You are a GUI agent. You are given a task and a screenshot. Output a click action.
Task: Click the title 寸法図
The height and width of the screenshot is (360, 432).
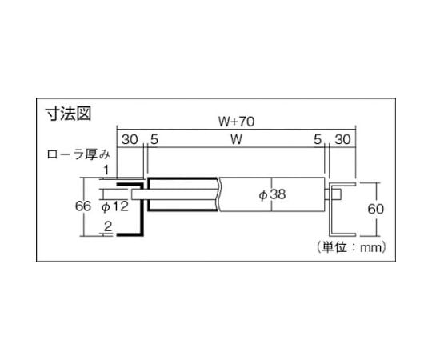(x=68, y=114)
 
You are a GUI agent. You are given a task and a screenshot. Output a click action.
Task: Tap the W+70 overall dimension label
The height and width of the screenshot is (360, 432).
(x=236, y=122)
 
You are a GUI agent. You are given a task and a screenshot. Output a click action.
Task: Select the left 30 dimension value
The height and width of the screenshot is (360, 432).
(x=130, y=139)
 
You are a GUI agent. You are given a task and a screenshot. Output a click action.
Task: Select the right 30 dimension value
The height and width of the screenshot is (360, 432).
(x=342, y=139)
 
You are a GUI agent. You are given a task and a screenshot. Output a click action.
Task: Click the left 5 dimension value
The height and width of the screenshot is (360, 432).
(x=154, y=139)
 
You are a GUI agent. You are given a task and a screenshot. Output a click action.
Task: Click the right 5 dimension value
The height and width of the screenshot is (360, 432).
(x=318, y=139)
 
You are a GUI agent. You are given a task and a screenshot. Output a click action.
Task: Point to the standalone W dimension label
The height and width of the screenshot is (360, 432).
(x=236, y=139)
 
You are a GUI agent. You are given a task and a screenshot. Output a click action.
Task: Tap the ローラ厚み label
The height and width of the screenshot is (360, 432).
(x=78, y=154)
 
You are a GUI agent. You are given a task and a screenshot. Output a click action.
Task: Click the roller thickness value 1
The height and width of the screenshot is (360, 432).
(x=106, y=170)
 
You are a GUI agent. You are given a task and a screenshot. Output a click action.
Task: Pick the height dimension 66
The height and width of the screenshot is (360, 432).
(x=83, y=206)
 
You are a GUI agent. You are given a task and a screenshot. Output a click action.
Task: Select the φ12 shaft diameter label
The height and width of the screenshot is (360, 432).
(x=115, y=206)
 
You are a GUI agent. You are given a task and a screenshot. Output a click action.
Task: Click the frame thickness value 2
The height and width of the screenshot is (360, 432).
(x=108, y=226)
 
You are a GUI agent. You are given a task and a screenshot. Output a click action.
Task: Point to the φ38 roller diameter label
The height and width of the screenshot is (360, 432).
(x=272, y=194)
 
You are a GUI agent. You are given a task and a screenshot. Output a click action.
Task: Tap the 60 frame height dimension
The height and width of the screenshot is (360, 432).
(x=375, y=209)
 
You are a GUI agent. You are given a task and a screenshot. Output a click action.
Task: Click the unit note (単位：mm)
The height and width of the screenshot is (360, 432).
(x=351, y=247)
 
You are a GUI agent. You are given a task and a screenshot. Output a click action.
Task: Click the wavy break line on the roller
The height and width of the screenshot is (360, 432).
(x=218, y=194)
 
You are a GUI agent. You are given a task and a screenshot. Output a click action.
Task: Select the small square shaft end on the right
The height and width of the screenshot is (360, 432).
(x=338, y=194)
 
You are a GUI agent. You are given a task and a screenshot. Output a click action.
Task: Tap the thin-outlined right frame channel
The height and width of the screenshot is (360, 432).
(x=330, y=210)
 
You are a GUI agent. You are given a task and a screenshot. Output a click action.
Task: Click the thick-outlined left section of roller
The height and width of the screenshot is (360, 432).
(x=149, y=194)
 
